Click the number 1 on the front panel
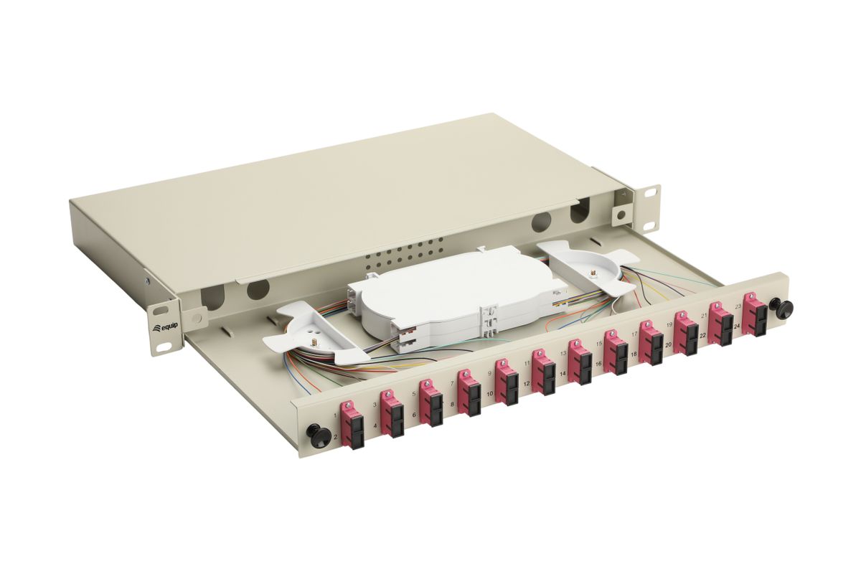coord(336,415)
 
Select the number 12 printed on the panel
coord(527,383)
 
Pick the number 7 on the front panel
coord(452,383)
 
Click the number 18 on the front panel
coord(634,354)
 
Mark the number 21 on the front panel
coord(704,315)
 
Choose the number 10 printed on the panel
coord(490,394)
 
